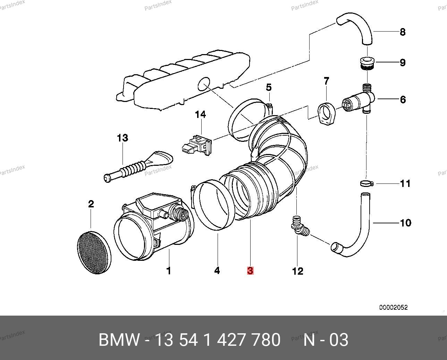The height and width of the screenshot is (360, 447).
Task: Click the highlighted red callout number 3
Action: pos(250,271)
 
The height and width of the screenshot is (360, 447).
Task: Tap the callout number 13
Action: pos(122,138)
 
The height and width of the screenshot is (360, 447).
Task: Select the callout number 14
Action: pos(200,114)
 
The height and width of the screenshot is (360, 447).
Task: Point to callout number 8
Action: pos(402,32)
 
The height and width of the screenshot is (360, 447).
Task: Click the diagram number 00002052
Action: pos(393,307)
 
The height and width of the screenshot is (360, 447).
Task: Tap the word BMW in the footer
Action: pos(119,340)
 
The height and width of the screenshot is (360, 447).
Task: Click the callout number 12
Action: pos(297,271)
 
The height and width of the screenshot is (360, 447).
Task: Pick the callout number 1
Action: pos(169,271)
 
